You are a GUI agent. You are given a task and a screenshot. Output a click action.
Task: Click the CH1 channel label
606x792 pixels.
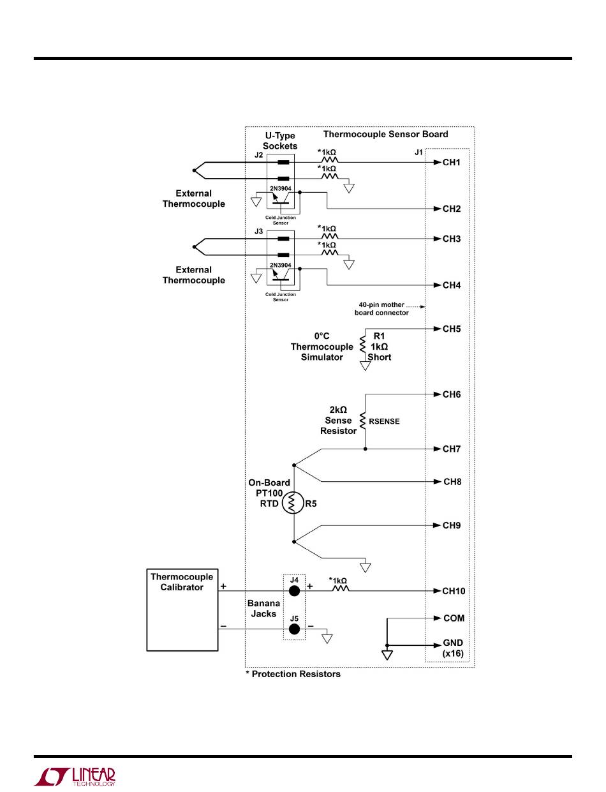point(452,163)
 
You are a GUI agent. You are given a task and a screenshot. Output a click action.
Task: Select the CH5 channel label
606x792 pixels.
point(452,329)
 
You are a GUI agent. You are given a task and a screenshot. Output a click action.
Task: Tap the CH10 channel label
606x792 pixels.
point(454,591)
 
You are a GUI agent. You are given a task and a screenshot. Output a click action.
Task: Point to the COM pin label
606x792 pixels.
point(454,618)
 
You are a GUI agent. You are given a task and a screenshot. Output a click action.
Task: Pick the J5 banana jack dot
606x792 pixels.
point(294,629)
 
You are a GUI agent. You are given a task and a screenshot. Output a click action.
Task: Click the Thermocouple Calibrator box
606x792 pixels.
point(182,609)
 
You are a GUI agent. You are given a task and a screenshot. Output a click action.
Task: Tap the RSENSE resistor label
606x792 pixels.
point(384,421)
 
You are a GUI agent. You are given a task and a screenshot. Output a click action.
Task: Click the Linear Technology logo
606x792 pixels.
point(74,775)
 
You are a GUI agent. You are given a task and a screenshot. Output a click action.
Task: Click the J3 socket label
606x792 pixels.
point(259,231)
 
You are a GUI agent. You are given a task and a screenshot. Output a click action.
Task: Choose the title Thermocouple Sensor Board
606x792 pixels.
point(385,134)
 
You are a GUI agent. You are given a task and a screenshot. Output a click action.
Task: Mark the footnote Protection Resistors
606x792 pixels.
point(293,674)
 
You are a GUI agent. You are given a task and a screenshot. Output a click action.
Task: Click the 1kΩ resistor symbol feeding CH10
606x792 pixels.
point(339,591)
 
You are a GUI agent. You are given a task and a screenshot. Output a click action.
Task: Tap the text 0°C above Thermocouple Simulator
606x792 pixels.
point(321,336)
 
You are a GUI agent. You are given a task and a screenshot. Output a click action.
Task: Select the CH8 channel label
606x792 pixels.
point(452,482)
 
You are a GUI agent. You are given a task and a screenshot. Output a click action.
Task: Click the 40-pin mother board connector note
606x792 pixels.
point(382,308)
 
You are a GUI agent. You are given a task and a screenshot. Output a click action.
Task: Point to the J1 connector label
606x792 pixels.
point(418,153)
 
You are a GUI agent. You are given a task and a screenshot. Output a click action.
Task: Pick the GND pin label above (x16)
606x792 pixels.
point(454,643)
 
